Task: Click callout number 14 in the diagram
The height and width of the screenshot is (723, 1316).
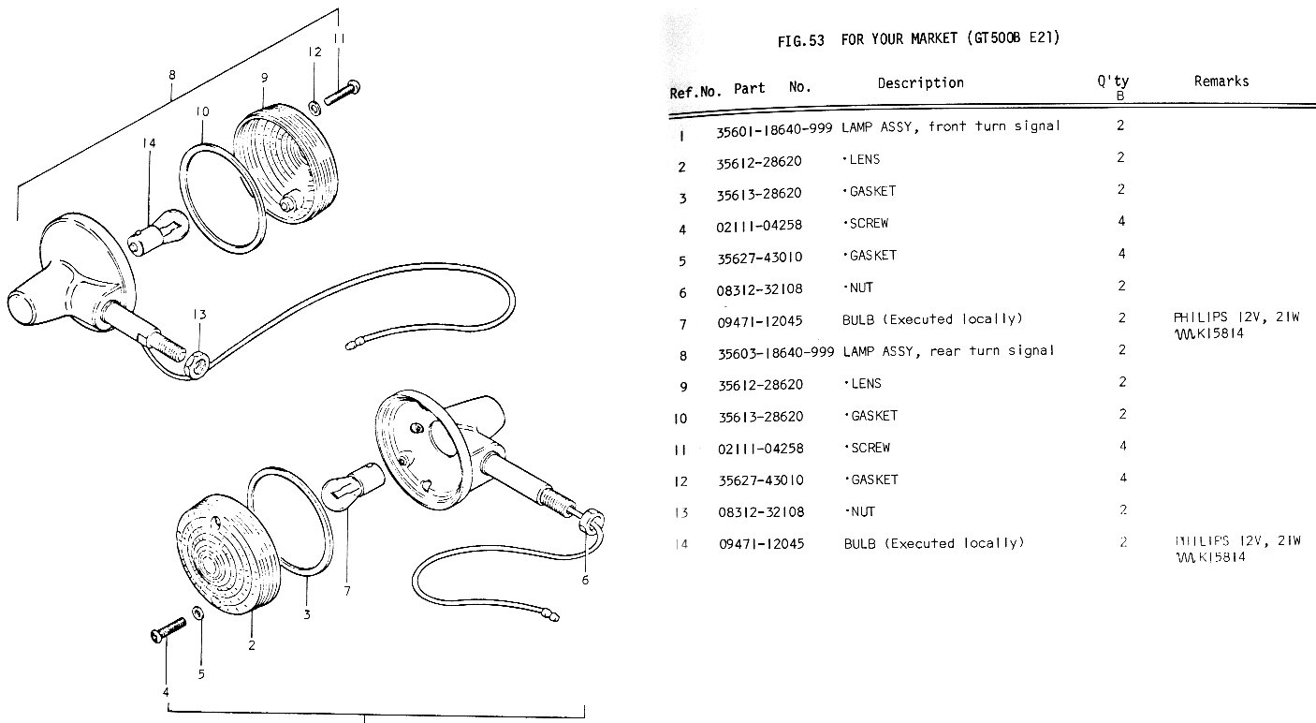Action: click(x=148, y=142)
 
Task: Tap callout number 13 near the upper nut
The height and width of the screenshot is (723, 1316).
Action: click(x=199, y=315)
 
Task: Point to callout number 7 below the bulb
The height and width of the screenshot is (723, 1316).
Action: click(x=345, y=591)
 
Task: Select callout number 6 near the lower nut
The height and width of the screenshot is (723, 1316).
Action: click(x=586, y=580)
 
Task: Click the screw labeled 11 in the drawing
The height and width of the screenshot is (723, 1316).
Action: click(x=344, y=92)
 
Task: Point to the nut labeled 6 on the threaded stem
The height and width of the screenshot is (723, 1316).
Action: click(x=591, y=521)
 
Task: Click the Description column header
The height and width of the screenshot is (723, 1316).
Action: click(x=920, y=83)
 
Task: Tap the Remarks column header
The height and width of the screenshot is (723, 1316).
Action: click(x=1221, y=81)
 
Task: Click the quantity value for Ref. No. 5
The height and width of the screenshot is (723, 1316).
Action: click(x=1121, y=255)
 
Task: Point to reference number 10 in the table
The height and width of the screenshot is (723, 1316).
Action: click(x=680, y=418)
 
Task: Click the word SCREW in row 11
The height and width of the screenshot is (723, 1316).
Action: click(x=870, y=448)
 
